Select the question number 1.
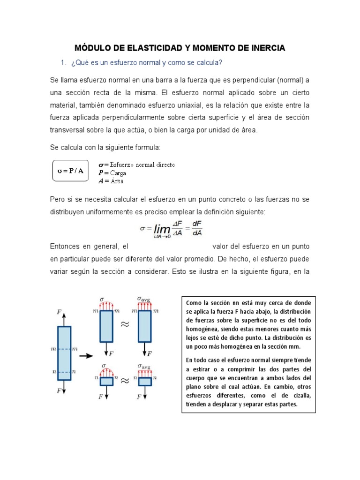click(64, 63)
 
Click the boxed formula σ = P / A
click(70, 171)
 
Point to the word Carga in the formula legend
click(118, 172)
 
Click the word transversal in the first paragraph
click(68, 129)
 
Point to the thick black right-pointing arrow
click(85, 356)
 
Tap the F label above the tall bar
click(59, 312)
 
